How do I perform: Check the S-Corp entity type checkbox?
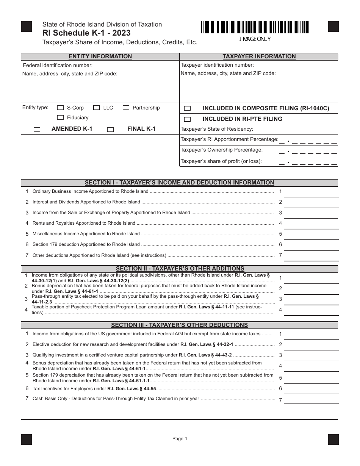[x=60, y=108]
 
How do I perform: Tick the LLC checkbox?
[x=97, y=108]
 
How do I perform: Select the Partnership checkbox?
[x=126, y=108]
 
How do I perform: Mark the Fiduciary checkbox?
[x=60, y=118]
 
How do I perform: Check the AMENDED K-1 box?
[x=37, y=129]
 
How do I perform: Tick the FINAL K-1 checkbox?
[x=110, y=129]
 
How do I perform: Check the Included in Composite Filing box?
[x=187, y=108]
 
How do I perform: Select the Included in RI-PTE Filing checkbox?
[x=187, y=119]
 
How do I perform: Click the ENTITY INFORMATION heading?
[x=100, y=56]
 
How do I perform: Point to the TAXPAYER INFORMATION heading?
[x=259, y=56]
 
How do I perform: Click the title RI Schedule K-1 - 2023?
[x=86, y=33]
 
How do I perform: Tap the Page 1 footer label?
[x=180, y=439]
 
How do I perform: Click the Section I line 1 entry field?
[x=311, y=192]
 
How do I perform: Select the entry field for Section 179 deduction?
[x=311, y=245]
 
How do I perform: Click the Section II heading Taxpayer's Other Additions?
[x=180, y=269]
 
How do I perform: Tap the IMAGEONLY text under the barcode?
[x=255, y=39]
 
